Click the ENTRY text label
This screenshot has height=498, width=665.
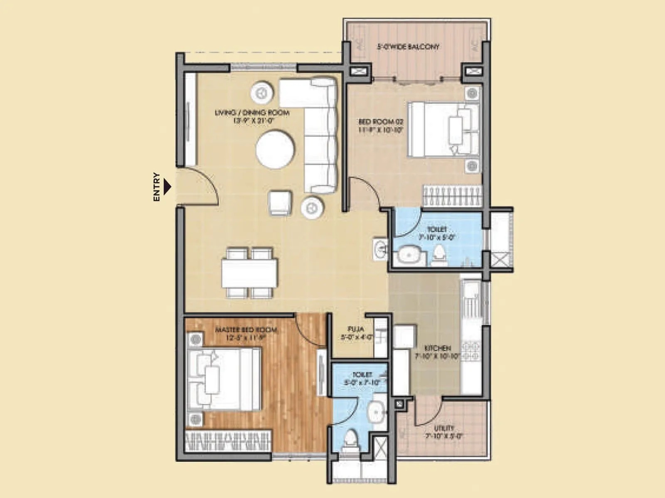pos(157,187)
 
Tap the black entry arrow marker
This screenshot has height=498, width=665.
pos(167,187)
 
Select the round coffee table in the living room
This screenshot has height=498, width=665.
pos(275,149)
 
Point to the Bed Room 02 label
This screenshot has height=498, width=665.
pos(381,125)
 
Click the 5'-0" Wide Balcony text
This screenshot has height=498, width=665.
pos(408,47)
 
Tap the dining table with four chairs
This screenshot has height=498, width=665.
pos(249,273)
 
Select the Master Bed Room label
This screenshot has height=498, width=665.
pos(246,334)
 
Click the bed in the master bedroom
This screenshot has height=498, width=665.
pos(225,380)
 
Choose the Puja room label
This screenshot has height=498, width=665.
pos(356,333)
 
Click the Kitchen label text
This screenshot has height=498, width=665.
pos(438,352)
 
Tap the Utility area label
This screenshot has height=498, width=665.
pos(444,432)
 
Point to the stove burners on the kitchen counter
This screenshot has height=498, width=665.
pos(471,351)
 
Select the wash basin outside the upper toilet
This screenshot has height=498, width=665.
pos(380,249)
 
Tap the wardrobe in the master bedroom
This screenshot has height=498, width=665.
pos(228,441)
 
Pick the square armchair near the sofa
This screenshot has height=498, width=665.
pos(280,203)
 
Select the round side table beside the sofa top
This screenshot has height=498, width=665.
pos(262,92)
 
